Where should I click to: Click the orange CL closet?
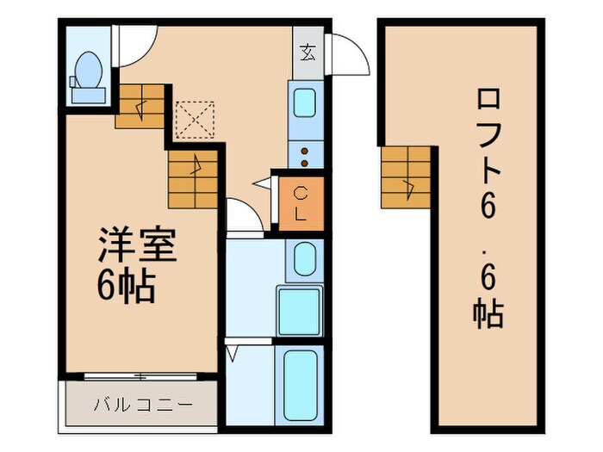(x=299, y=204)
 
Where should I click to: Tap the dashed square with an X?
(x=194, y=120)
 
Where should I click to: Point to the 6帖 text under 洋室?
(x=126, y=288)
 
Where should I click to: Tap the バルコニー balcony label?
(x=141, y=403)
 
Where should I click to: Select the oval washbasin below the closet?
(x=301, y=259)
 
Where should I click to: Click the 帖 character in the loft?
(x=488, y=313)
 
